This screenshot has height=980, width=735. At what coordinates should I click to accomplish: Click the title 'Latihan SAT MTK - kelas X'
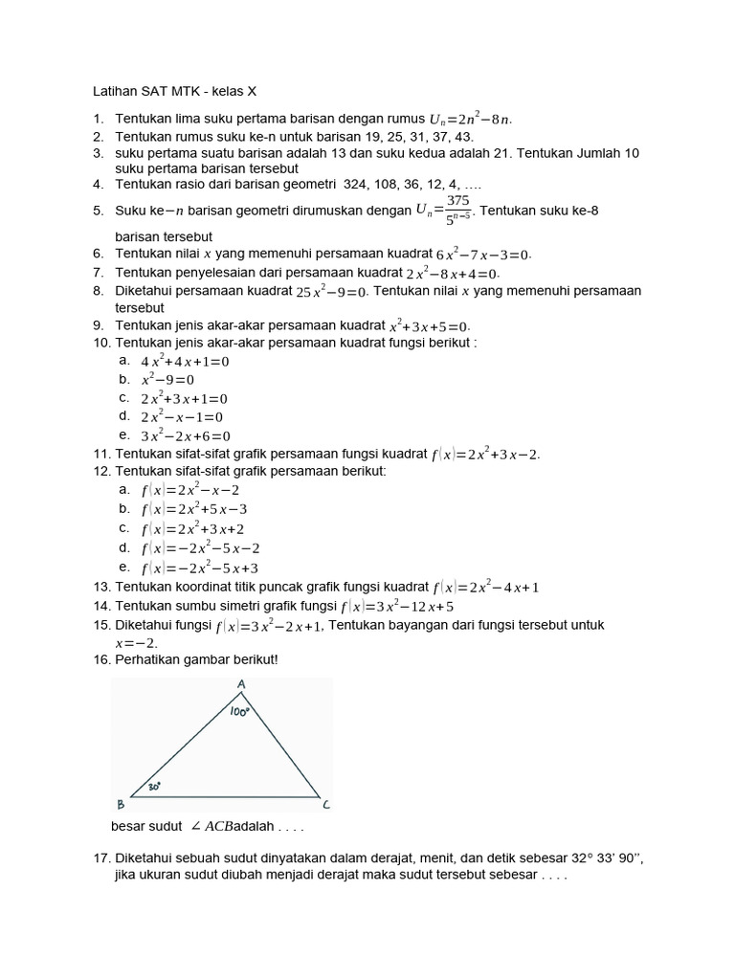click(174, 92)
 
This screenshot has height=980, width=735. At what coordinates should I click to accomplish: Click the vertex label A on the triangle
click(240, 685)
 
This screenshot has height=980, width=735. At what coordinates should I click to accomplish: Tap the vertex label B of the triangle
click(120, 804)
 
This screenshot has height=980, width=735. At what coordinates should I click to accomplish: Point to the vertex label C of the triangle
click(326, 804)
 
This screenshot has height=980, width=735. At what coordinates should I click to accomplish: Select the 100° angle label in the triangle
click(239, 712)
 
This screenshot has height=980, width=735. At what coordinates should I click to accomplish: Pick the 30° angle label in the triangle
click(154, 787)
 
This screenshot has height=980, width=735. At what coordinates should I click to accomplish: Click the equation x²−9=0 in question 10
click(168, 380)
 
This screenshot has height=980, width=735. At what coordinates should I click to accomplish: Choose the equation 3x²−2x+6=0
click(186, 435)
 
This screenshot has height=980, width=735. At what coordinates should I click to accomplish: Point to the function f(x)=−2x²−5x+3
click(200, 568)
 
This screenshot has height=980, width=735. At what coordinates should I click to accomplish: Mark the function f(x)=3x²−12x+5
click(396, 607)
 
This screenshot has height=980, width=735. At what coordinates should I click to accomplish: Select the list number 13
click(101, 587)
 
